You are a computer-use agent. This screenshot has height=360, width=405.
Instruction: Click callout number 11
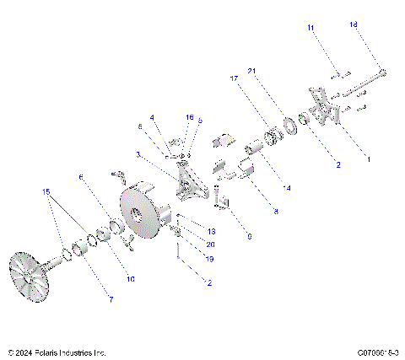pyautogui.click(x=310, y=29)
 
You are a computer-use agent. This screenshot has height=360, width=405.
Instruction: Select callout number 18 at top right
pyautogui.click(x=354, y=25)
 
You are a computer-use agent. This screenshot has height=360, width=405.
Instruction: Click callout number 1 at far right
pyautogui.click(x=367, y=158)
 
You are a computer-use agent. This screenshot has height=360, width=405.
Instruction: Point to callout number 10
pyautogui.click(x=130, y=277)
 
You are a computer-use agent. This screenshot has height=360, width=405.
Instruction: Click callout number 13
pyautogui.click(x=212, y=230)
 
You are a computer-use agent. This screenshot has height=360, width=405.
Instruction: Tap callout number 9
pyautogui.click(x=249, y=237)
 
